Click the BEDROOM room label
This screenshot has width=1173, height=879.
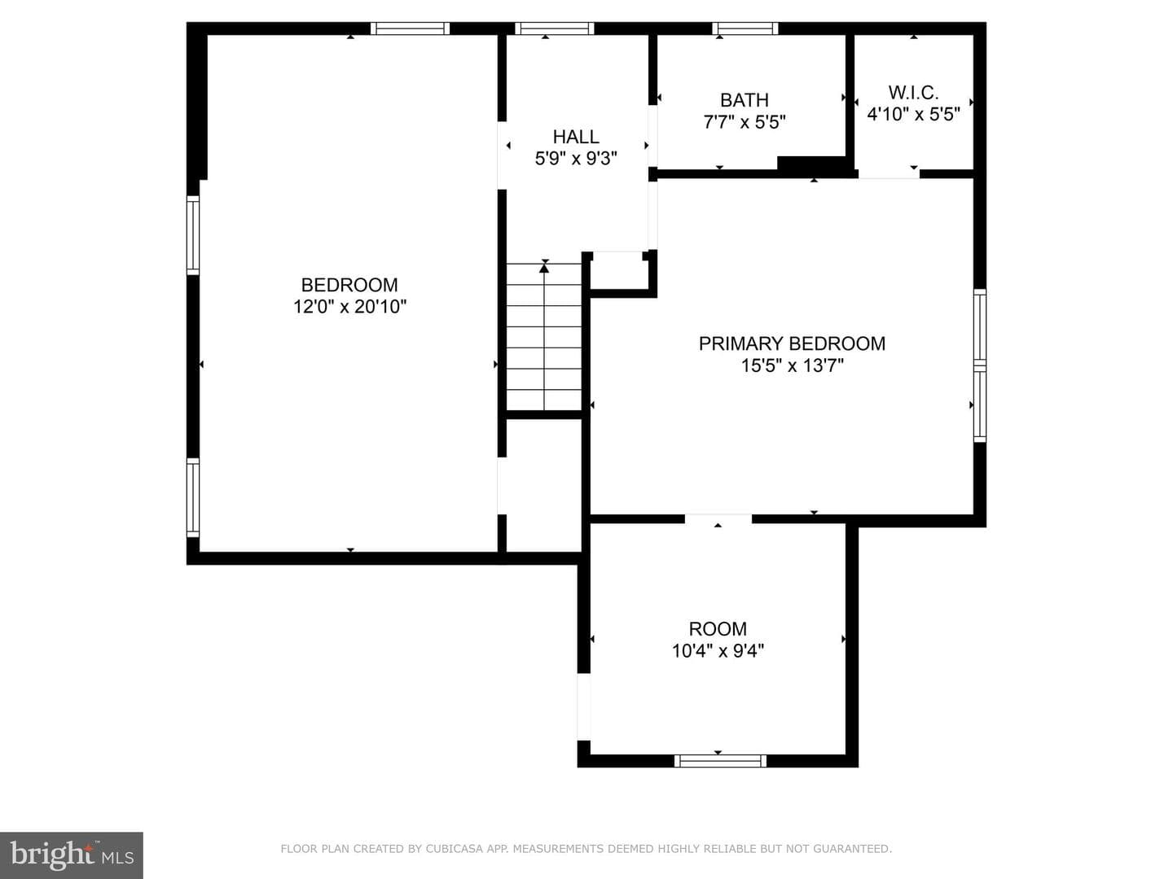pyautogui.click(x=349, y=285)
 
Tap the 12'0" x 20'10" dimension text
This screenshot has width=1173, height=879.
pyautogui.click(x=349, y=307)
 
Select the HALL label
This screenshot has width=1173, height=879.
pyautogui.click(x=576, y=137)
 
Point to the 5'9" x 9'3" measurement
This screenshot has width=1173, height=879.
pyautogui.click(x=576, y=159)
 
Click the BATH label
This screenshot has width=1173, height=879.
pyautogui.click(x=745, y=100)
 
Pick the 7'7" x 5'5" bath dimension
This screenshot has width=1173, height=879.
pyautogui.click(x=745, y=122)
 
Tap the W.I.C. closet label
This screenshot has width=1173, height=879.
pyautogui.click(x=913, y=92)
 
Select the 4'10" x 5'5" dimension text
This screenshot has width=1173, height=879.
pyautogui.click(x=913, y=114)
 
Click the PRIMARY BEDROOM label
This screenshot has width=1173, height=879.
pyautogui.click(x=792, y=343)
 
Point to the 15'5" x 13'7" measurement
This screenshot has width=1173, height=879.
pyautogui.click(x=792, y=365)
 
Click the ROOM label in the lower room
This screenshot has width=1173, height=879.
pyautogui.click(x=718, y=629)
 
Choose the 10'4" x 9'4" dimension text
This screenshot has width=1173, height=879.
pyautogui.click(x=718, y=651)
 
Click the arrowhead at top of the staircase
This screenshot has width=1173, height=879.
pyautogui.click(x=544, y=269)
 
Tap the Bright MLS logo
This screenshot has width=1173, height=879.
pyautogui.click(x=72, y=855)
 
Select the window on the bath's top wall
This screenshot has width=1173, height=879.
pyautogui.click(x=745, y=28)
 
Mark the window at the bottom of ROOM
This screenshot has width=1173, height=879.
pyautogui.click(x=720, y=761)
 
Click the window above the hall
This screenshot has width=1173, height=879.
pyautogui.click(x=554, y=28)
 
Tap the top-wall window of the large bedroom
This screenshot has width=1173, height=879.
pyautogui.click(x=410, y=28)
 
